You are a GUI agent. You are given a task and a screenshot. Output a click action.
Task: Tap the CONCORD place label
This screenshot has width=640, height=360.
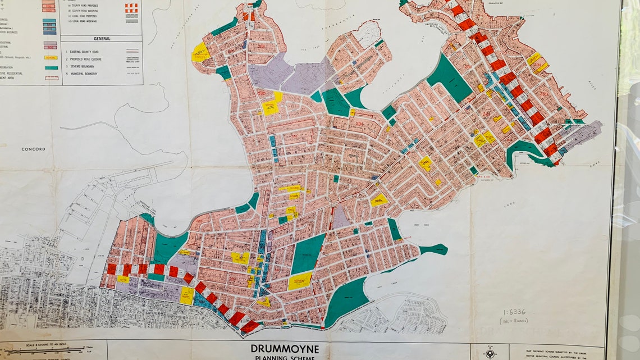click(33, 149)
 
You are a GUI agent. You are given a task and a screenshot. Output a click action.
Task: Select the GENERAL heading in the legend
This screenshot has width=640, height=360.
click(101, 39)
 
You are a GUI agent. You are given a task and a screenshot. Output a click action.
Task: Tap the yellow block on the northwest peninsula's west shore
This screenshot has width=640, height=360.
click(200, 52)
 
